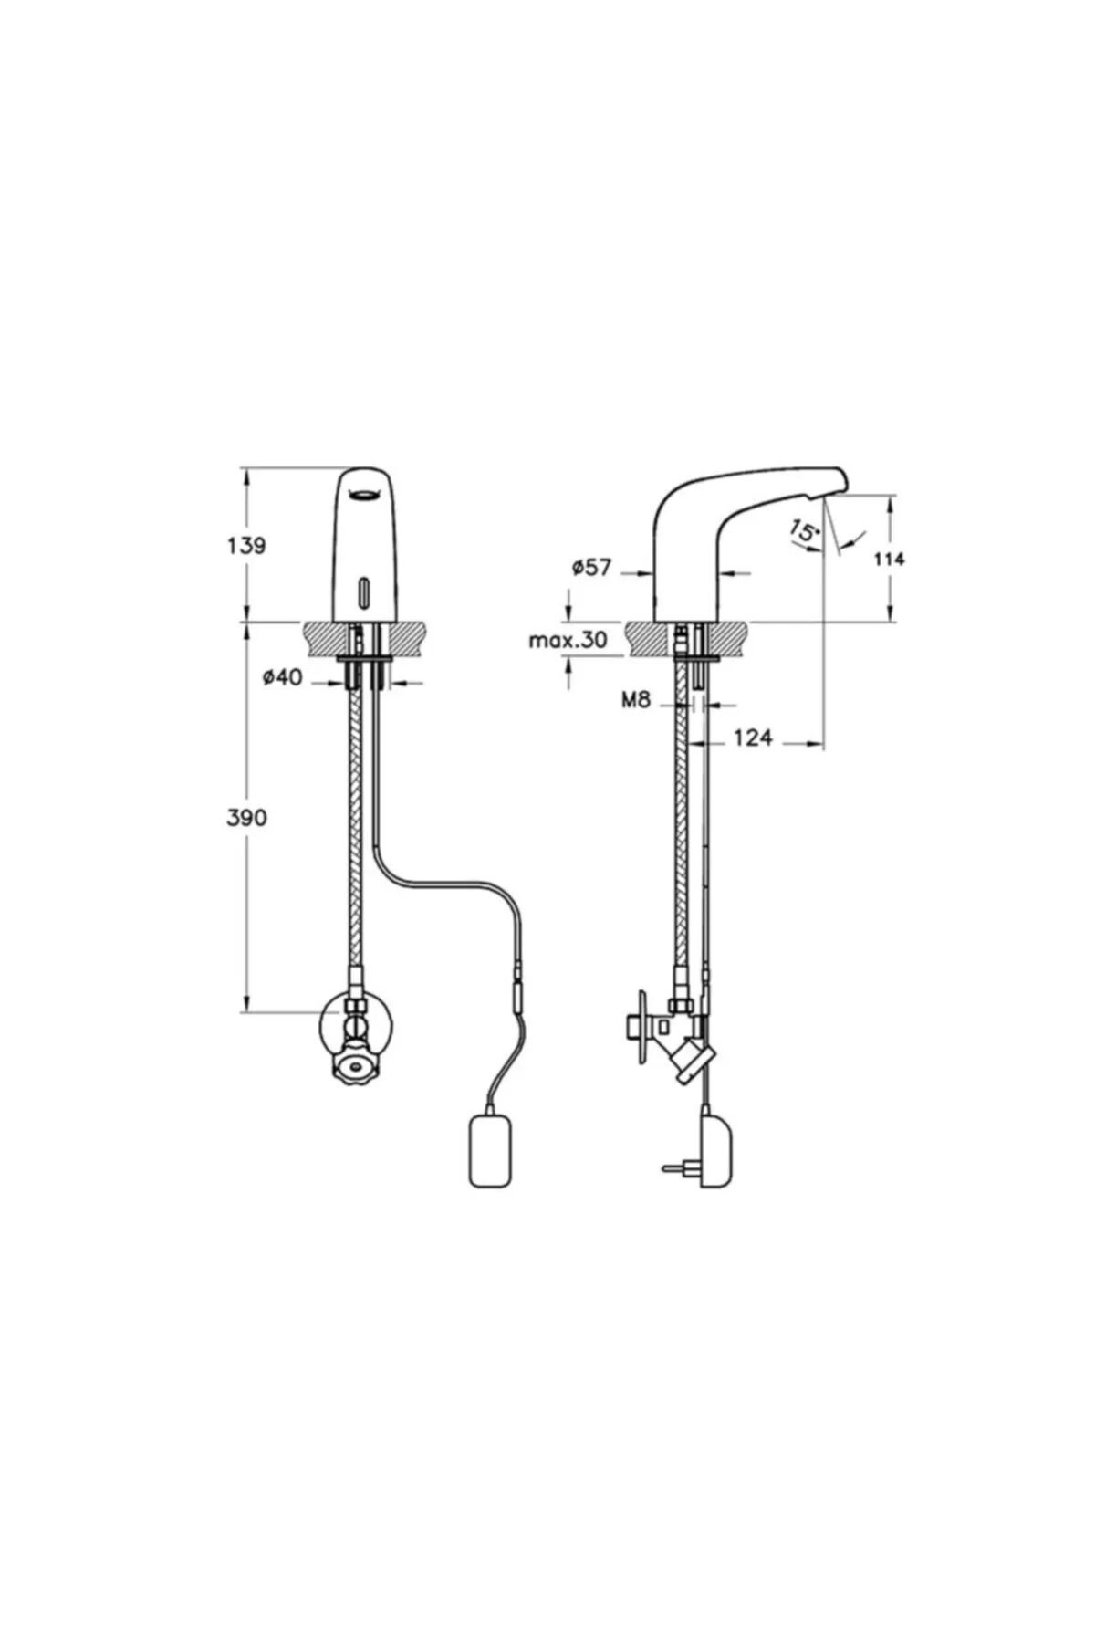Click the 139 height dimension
(x=246, y=545)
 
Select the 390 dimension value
(x=246, y=818)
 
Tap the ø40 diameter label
(x=282, y=678)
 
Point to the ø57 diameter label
(x=591, y=567)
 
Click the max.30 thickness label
(x=568, y=640)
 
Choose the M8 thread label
(x=635, y=701)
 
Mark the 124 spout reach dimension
(x=753, y=737)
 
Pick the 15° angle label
(x=803, y=532)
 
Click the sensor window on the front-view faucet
(x=365, y=591)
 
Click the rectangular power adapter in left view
(x=493, y=1155)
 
